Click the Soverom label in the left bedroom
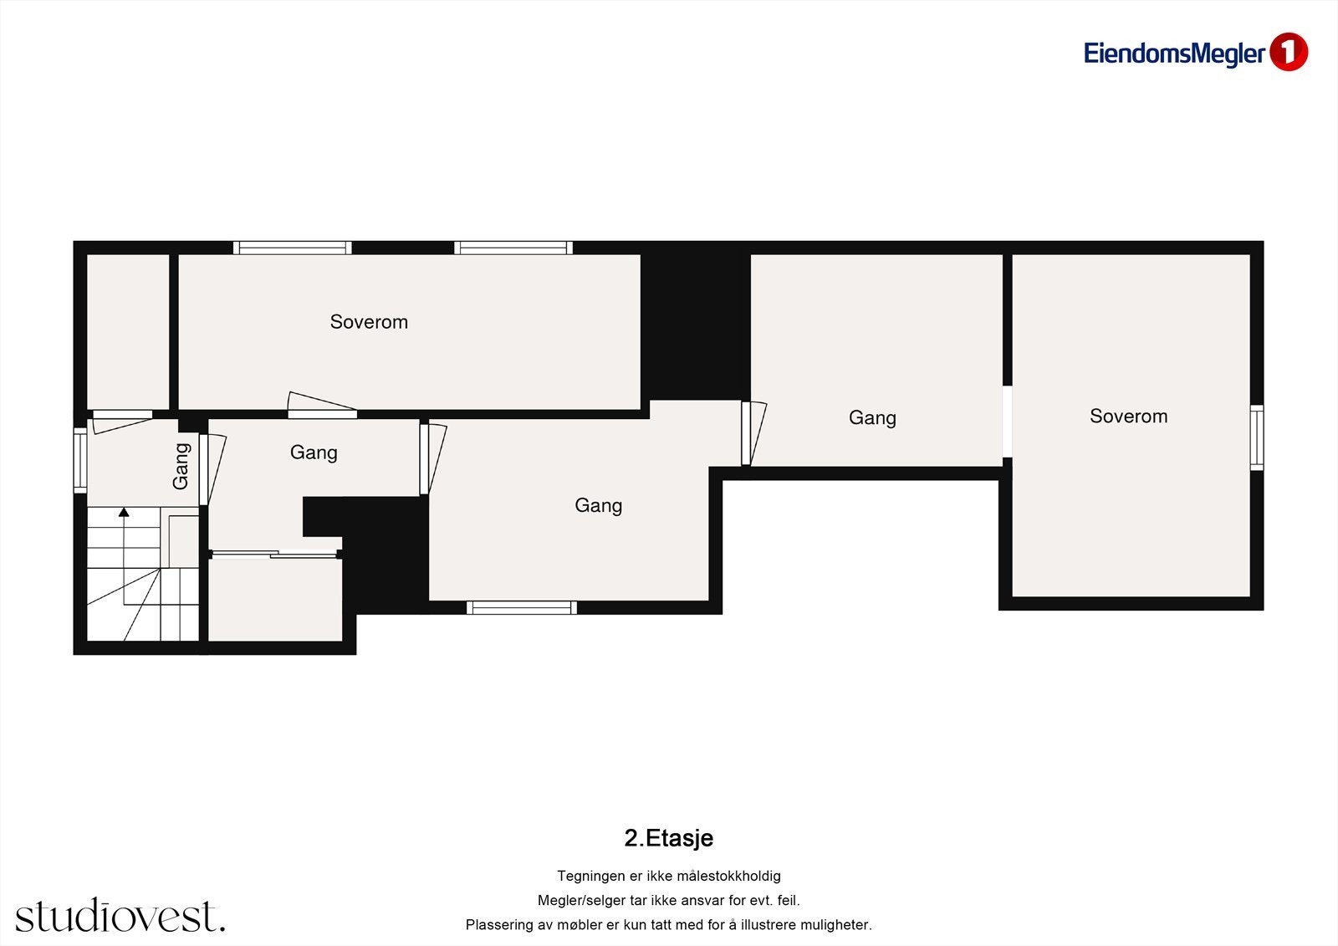click(x=369, y=322)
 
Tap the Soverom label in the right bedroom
click(x=1128, y=417)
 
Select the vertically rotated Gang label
click(x=181, y=466)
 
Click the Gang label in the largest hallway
click(x=598, y=505)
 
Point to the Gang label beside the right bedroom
click(x=872, y=417)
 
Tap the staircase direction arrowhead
click(x=124, y=512)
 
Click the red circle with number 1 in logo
click(x=1288, y=53)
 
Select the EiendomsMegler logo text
click(x=1173, y=54)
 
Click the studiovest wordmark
click(x=120, y=916)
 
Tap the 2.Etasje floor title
click(x=668, y=838)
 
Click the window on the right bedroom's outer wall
click(x=1256, y=437)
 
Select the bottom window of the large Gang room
click(x=521, y=607)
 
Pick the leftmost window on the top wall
click(x=292, y=248)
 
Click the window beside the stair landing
click(x=80, y=459)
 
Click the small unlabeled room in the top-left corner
click(x=128, y=331)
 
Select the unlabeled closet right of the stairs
click(x=275, y=600)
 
